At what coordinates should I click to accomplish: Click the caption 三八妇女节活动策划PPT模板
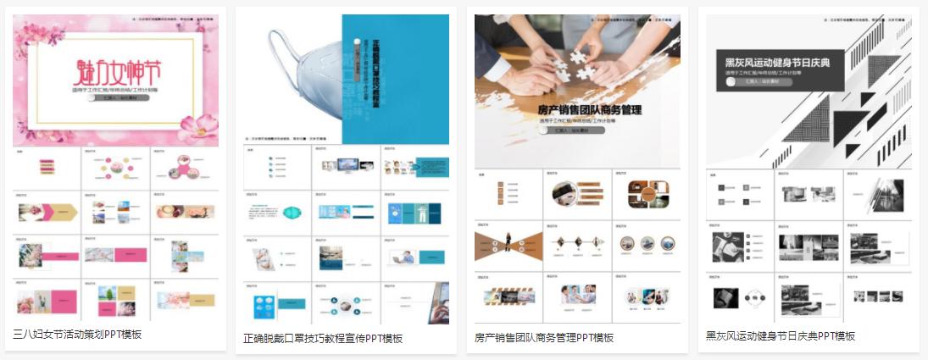click(x=78, y=334)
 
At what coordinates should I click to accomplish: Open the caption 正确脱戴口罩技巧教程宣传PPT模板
click(x=323, y=338)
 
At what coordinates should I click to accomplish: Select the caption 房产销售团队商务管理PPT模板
click(x=544, y=337)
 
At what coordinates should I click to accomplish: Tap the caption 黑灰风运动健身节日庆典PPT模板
click(x=781, y=335)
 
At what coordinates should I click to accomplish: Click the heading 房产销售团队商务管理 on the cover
click(x=590, y=109)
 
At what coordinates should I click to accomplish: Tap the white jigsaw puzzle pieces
click(x=576, y=62)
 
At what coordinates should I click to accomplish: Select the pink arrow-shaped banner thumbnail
click(x=47, y=210)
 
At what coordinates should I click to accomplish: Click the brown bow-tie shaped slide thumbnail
click(x=508, y=244)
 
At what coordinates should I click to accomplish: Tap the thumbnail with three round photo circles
click(x=647, y=244)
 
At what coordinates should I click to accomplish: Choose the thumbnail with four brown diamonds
click(x=577, y=244)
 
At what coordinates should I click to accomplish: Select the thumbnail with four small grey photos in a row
click(x=877, y=296)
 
